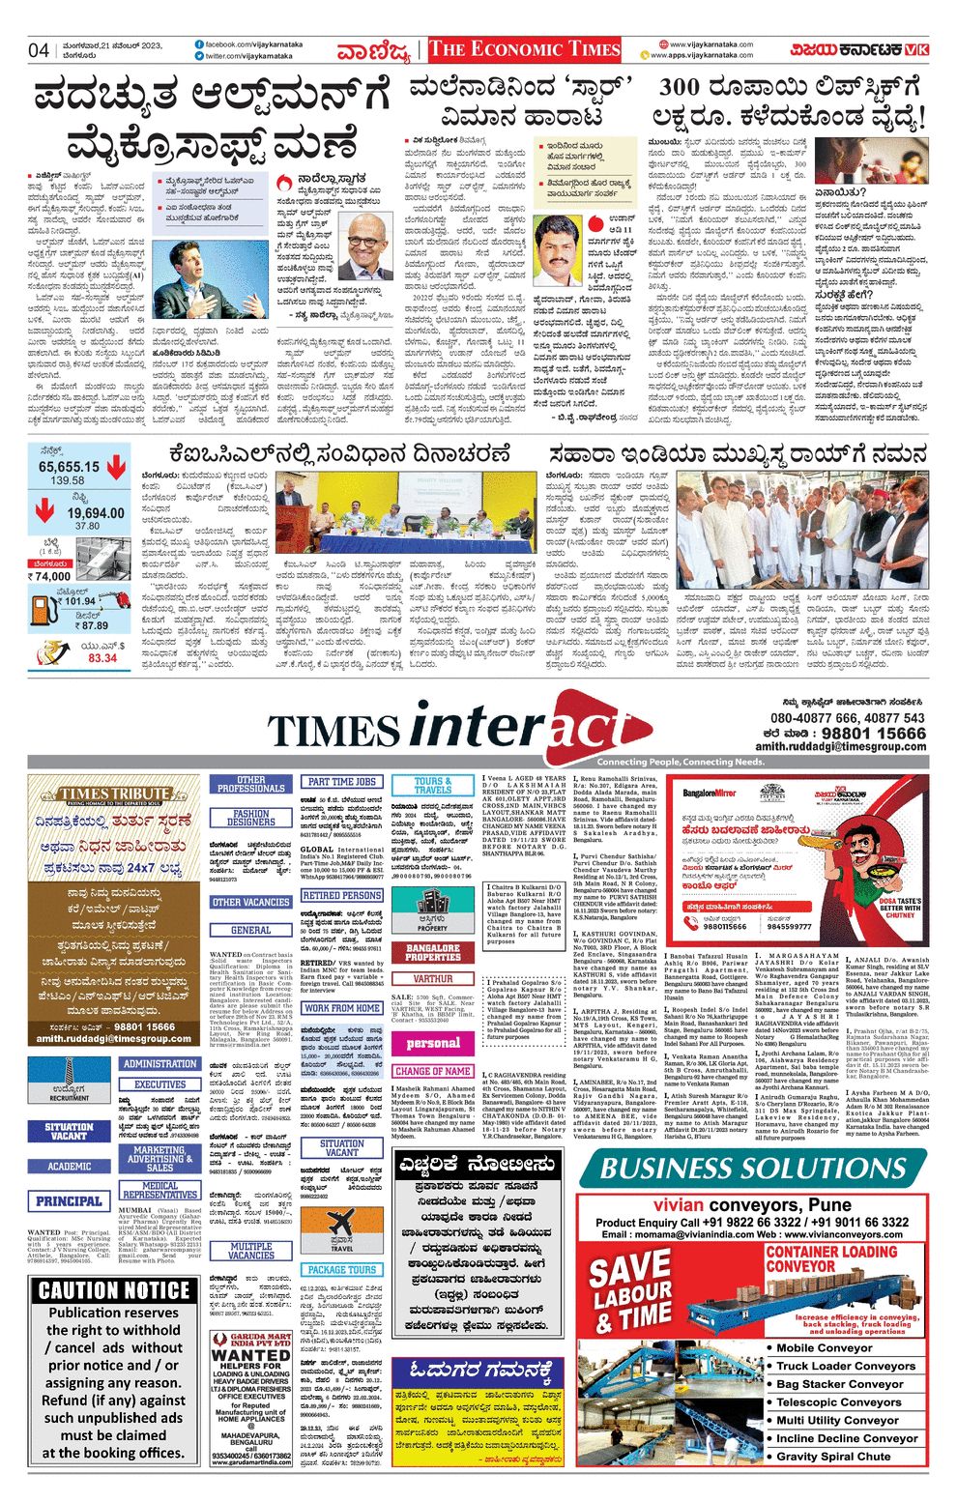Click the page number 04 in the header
pyautogui.click(x=39, y=50)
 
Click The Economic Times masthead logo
pyautogui.click(x=524, y=50)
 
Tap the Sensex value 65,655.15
pyautogui.click(x=69, y=467)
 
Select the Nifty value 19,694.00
pyautogui.click(x=96, y=513)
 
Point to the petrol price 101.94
pyautogui.click(x=79, y=600)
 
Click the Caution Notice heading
pyautogui.click(x=114, y=1290)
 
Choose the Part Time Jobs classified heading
pyautogui.click(x=341, y=781)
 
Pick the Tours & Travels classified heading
pyautogui.click(x=432, y=785)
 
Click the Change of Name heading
pyautogui.click(x=432, y=1071)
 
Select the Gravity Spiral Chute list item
pyautogui.click(x=833, y=1456)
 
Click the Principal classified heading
pyautogui.click(x=69, y=1200)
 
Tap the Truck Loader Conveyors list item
pyautogui.click(x=845, y=1366)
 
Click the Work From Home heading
pyautogui.click(x=341, y=1007)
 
